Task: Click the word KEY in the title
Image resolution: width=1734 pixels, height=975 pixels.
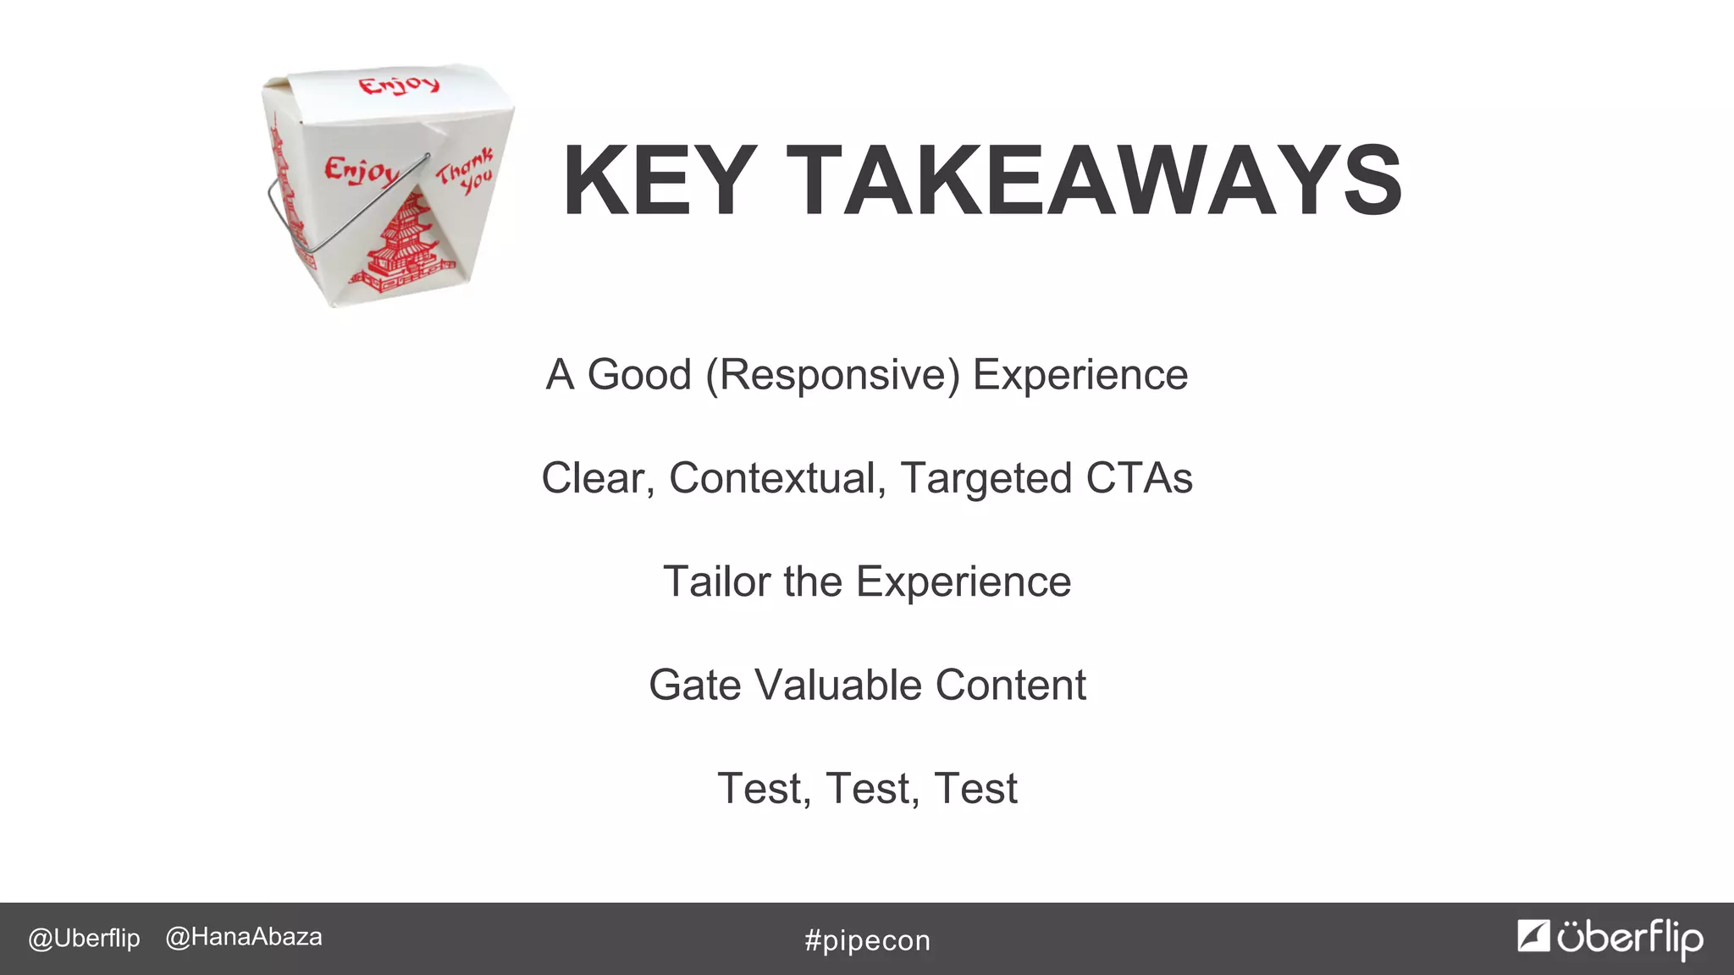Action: click(x=659, y=181)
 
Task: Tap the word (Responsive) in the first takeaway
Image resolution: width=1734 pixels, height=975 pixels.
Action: click(x=833, y=375)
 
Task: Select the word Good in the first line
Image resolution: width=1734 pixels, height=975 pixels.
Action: click(x=639, y=375)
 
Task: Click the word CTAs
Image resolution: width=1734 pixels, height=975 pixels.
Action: click(x=1139, y=478)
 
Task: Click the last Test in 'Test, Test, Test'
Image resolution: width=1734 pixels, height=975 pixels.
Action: click(x=975, y=789)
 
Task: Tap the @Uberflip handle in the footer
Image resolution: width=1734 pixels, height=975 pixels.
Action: click(x=84, y=939)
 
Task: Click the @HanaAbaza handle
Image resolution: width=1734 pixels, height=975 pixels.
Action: click(x=244, y=938)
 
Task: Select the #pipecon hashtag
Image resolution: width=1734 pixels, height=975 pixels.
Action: click(x=867, y=940)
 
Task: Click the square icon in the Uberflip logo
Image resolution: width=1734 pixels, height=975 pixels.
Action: click(x=1532, y=936)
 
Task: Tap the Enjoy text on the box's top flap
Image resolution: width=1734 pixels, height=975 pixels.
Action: click(x=399, y=85)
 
